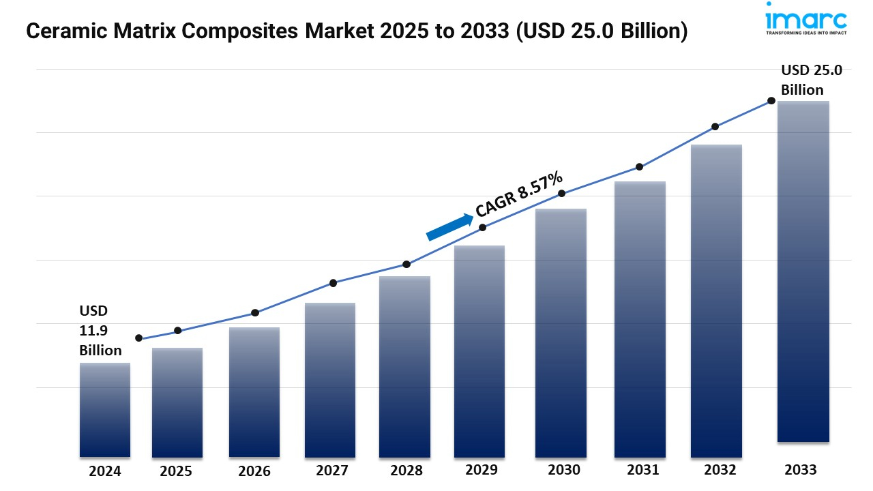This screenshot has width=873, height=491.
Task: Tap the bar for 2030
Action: (x=561, y=332)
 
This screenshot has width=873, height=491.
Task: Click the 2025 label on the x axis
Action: (x=177, y=471)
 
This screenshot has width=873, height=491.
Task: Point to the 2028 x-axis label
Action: (x=406, y=471)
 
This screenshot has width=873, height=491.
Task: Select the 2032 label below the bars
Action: (x=720, y=470)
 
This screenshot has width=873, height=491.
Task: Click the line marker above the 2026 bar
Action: (x=255, y=313)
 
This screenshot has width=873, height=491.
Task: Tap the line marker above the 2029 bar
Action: (x=482, y=228)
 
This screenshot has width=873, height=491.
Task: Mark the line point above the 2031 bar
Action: (x=639, y=167)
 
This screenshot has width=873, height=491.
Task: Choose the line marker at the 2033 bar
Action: (x=771, y=101)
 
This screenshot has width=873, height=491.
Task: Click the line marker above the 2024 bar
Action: (x=139, y=338)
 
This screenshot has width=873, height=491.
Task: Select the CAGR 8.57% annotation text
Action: (x=520, y=194)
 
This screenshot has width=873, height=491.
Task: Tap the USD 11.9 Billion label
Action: (x=100, y=331)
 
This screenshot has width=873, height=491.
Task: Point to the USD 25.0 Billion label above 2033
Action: (x=812, y=80)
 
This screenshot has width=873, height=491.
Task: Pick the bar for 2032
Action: (x=716, y=301)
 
